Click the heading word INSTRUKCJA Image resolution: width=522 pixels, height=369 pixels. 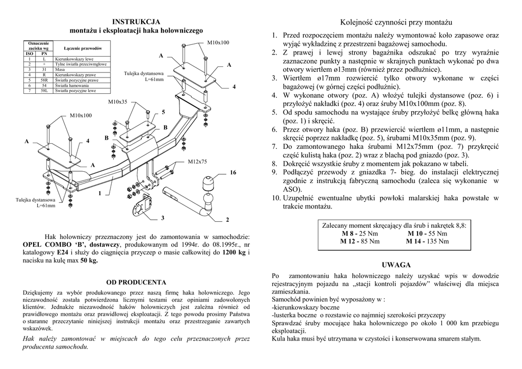[x=136, y=22]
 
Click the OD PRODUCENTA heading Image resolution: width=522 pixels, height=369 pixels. [x=136, y=282]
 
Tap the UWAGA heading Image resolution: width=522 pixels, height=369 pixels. [x=396, y=265]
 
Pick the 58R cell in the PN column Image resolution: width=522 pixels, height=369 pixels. [x=44, y=80]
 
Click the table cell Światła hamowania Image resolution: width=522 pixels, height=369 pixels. [x=72, y=86]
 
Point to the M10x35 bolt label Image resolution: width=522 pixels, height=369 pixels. [x=118, y=102]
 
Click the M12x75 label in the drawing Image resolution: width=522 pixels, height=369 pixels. [x=197, y=162]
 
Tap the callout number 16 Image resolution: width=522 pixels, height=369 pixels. [x=233, y=173]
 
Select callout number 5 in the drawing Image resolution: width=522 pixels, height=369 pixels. [x=164, y=112]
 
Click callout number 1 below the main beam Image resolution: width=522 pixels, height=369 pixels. [x=100, y=193]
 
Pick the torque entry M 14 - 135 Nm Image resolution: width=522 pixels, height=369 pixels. [x=427, y=241]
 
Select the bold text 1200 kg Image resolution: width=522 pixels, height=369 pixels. [x=235, y=252]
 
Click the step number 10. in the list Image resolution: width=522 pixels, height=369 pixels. [x=275, y=198]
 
